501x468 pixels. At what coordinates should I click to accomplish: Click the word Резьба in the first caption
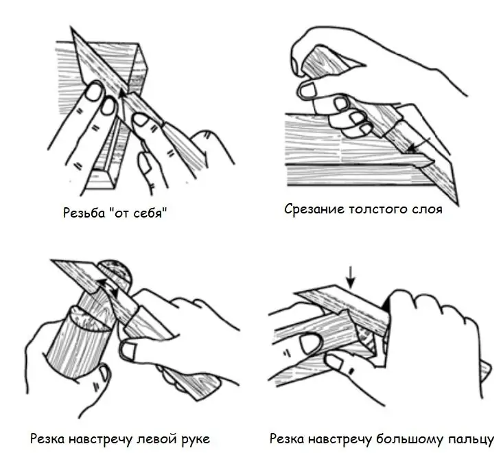pos(84,213)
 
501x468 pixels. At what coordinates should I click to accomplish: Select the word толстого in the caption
pos(380,209)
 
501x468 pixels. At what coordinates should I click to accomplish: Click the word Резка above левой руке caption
pos(47,438)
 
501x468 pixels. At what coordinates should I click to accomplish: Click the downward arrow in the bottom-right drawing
pos(351,277)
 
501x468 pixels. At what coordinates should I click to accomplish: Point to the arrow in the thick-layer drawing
pos(419,144)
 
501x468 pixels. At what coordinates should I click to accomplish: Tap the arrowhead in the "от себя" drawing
pos(121,93)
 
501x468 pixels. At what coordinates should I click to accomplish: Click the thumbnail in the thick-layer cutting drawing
pos(307,89)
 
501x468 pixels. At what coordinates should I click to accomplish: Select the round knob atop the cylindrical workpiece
pos(115,274)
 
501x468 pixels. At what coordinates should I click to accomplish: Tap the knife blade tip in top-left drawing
pos(71,28)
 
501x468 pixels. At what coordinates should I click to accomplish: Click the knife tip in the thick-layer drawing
pos(458,204)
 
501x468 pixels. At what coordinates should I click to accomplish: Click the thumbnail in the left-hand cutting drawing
pos(129,351)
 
